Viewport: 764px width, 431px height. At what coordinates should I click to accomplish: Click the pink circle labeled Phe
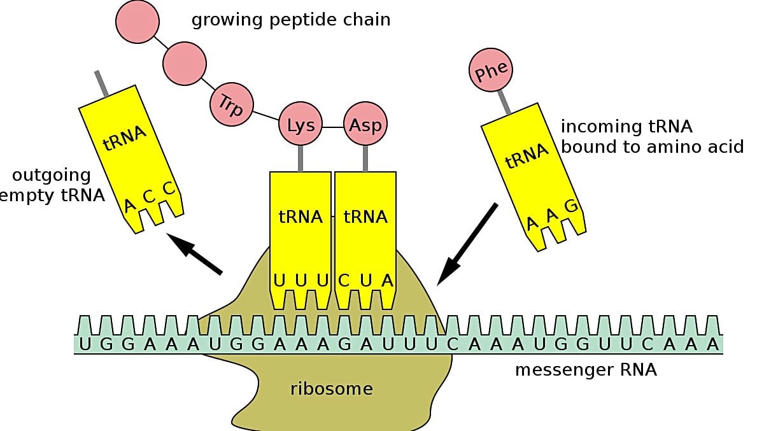pos(491,70)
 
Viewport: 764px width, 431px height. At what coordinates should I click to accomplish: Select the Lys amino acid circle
pos(301,125)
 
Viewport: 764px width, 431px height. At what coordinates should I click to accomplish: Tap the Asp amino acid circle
pos(365,125)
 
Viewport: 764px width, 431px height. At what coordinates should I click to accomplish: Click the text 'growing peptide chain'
pos(291,20)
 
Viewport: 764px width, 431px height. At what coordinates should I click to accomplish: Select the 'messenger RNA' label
pos(586,369)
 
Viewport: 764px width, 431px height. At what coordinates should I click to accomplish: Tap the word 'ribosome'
pos(331,388)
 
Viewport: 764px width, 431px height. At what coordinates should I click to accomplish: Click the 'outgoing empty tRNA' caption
pos(53,185)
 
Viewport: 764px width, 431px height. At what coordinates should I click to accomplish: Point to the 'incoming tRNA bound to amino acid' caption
pos(651,137)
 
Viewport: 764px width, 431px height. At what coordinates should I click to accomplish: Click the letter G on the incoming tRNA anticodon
pos(570,206)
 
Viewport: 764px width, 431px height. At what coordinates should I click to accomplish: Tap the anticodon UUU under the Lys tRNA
pos(300,280)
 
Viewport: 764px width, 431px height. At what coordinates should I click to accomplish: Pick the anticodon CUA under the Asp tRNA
pos(365,280)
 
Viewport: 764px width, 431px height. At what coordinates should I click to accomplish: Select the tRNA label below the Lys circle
pos(301,217)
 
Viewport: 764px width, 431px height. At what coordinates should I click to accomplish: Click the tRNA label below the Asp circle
pos(365,217)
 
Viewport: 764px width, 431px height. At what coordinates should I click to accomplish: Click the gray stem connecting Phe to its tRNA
pos(504,102)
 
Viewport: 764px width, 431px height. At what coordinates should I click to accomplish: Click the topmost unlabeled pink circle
pos(136,22)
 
